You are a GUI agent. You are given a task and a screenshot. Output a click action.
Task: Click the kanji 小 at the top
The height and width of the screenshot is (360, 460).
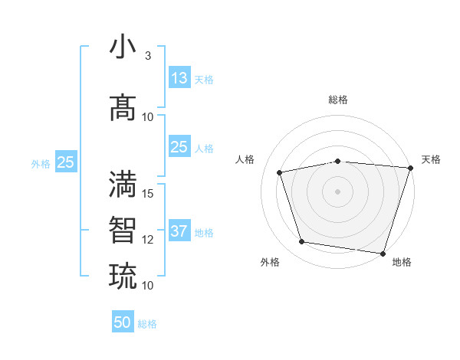click(x=123, y=47)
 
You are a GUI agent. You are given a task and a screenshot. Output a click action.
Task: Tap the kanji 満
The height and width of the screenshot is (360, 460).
click(x=123, y=184)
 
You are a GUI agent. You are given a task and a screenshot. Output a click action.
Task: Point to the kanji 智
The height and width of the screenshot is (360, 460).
click(x=123, y=229)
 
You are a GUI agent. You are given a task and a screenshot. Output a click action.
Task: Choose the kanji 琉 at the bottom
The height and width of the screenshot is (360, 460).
click(x=123, y=274)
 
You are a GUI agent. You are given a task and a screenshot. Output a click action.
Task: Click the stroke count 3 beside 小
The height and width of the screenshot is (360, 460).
click(x=147, y=56)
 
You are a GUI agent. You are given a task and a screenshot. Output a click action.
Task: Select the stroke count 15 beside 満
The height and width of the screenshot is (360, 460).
click(x=148, y=193)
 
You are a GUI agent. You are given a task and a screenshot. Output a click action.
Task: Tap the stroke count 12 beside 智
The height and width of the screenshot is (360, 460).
click(x=148, y=239)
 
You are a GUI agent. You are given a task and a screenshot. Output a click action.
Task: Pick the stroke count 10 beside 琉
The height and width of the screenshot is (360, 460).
click(x=148, y=285)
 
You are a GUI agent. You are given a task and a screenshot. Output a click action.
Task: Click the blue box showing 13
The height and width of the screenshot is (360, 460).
click(x=179, y=77)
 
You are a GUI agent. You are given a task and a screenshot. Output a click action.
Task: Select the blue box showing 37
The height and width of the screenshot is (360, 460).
click(x=179, y=231)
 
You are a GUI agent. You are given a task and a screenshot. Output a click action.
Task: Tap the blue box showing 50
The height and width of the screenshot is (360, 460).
click(x=123, y=322)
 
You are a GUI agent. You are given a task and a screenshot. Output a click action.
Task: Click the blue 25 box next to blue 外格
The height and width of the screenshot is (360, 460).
click(x=65, y=162)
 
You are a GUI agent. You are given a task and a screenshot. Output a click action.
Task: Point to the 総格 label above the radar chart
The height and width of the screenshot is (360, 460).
click(x=338, y=100)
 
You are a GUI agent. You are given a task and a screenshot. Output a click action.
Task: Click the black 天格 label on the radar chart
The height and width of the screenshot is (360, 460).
click(x=431, y=159)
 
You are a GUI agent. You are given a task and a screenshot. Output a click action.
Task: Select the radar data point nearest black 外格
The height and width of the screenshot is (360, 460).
click(x=302, y=242)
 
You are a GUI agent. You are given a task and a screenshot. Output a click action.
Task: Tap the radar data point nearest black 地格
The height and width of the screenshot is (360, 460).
click(x=383, y=253)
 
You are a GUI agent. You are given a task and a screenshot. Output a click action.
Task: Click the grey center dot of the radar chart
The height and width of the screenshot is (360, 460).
click(x=338, y=191)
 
